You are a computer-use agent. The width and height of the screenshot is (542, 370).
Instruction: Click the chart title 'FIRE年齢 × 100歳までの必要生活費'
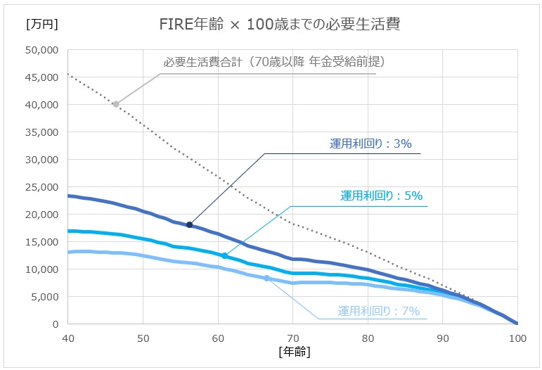[x=280, y=23]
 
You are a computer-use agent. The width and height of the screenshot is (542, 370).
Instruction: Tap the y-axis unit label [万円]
[x=41, y=24]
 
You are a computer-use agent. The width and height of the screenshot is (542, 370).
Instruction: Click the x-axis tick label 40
[x=68, y=337]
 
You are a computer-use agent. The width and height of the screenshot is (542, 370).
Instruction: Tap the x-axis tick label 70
[x=293, y=337]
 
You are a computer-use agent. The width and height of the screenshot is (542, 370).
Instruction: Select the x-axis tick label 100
[x=517, y=337]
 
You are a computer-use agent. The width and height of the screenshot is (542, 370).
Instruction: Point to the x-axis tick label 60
[x=218, y=337]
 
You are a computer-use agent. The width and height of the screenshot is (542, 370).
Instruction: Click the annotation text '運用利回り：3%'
[x=370, y=144]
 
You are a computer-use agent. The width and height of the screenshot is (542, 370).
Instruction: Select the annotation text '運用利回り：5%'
[x=381, y=196]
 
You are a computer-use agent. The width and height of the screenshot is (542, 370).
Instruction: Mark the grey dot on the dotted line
[x=116, y=104]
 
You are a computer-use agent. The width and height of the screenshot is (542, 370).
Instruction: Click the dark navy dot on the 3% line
[x=189, y=224]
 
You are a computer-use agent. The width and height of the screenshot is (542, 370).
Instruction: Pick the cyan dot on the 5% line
[x=225, y=256]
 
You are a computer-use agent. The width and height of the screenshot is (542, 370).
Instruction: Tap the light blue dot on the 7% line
[x=266, y=279]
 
